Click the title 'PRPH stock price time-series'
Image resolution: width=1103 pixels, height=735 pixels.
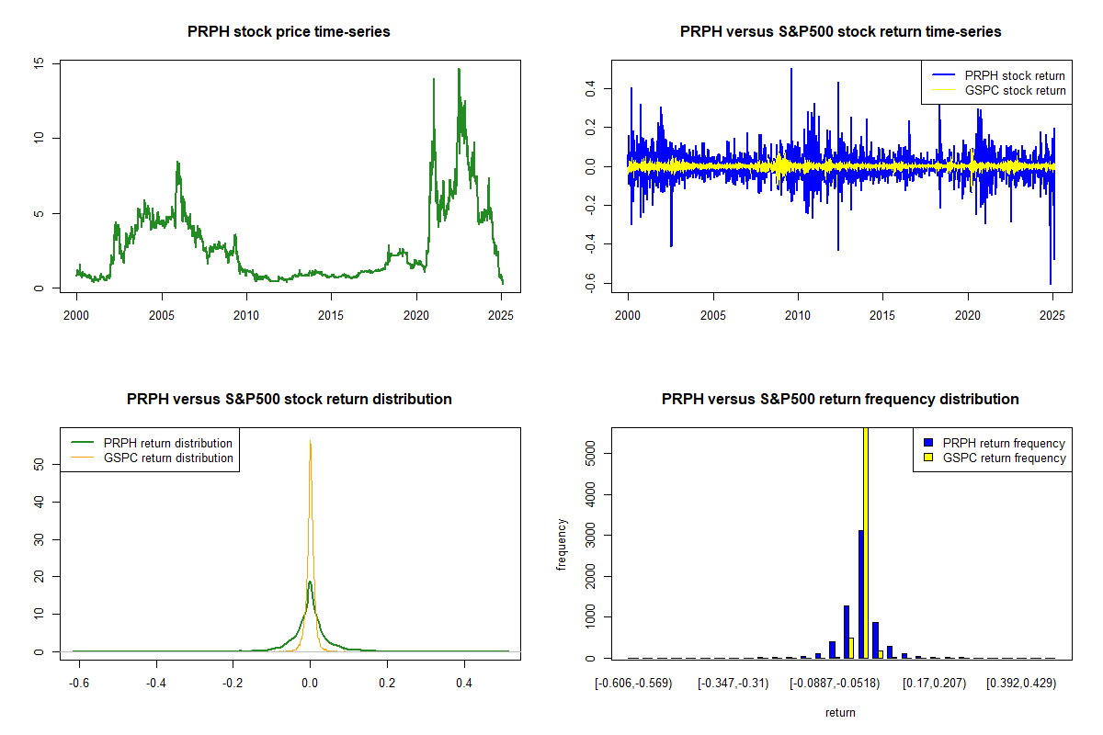pyautogui.click(x=289, y=32)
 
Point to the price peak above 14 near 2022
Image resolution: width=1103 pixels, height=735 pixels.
pyautogui.click(x=459, y=70)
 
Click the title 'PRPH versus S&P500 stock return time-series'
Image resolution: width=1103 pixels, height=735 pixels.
pyautogui.click(x=840, y=32)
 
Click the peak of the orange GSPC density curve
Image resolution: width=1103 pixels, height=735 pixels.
pyautogui.click(x=311, y=442)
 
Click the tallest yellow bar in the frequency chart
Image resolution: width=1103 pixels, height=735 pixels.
pyautogui.click(x=866, y=551)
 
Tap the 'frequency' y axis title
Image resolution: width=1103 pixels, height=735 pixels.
pyautogui.click(x=563, y=545)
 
